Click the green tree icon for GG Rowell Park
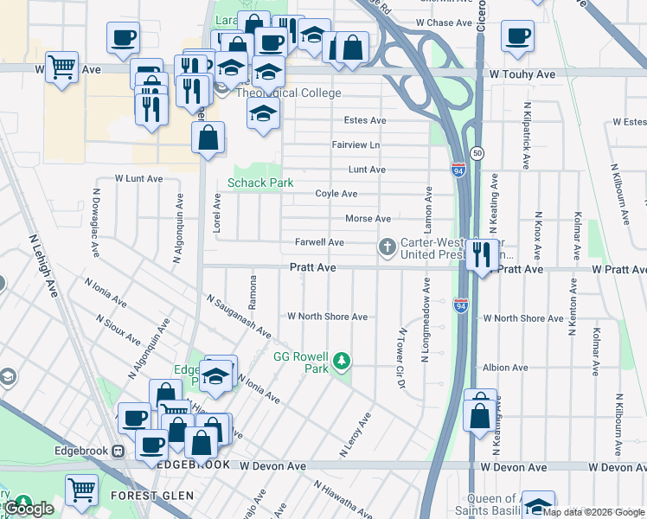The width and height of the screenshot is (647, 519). [x=343, y=360]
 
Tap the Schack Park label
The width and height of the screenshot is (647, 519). [x=260, y=183]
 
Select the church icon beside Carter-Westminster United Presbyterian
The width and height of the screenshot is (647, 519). [x=387, y=248]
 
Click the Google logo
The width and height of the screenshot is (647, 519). [x=29, y=509]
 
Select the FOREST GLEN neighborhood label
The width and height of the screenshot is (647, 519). [x=147, y=496]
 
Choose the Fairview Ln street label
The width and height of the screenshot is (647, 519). [x=356, y=144]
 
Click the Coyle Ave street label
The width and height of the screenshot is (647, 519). [x=336, y=194]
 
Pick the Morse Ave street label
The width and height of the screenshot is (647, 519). [x=368, y=219]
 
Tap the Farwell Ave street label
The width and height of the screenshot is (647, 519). [x=319, y=242]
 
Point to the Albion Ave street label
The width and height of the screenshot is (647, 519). [x=505, y=368]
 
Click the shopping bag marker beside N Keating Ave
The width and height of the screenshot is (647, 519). [x=480, y=414]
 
